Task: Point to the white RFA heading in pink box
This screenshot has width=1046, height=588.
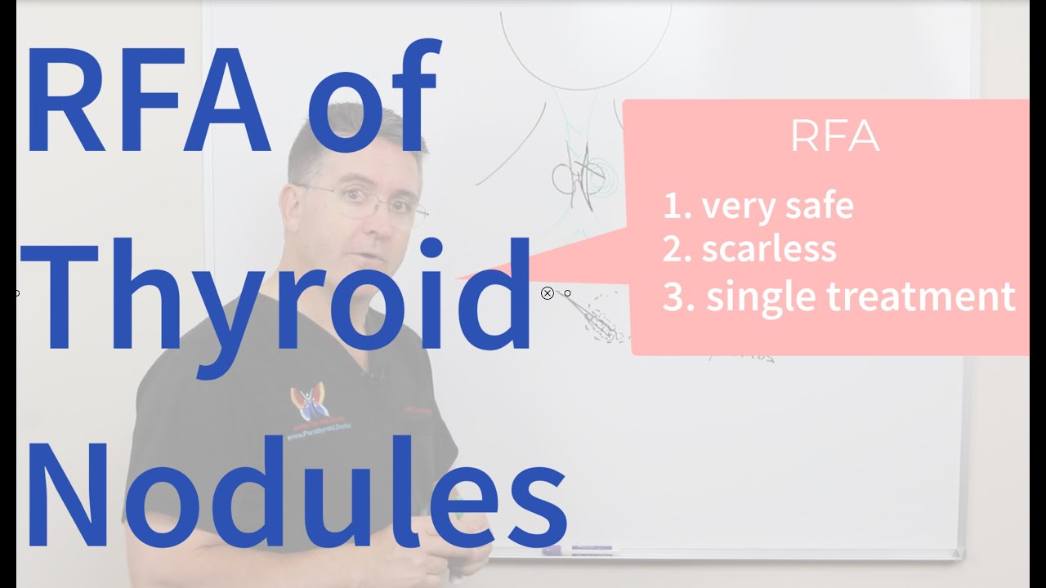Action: (x=834, y=138)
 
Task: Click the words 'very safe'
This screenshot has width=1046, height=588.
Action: (x=777, y=206)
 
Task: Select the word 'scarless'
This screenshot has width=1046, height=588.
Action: (x=769, y=249)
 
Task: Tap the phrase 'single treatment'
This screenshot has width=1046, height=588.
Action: (x=860, y=296)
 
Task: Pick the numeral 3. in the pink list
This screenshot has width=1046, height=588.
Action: (x=677, y=297)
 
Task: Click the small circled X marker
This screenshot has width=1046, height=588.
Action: (x=548, y=293)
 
